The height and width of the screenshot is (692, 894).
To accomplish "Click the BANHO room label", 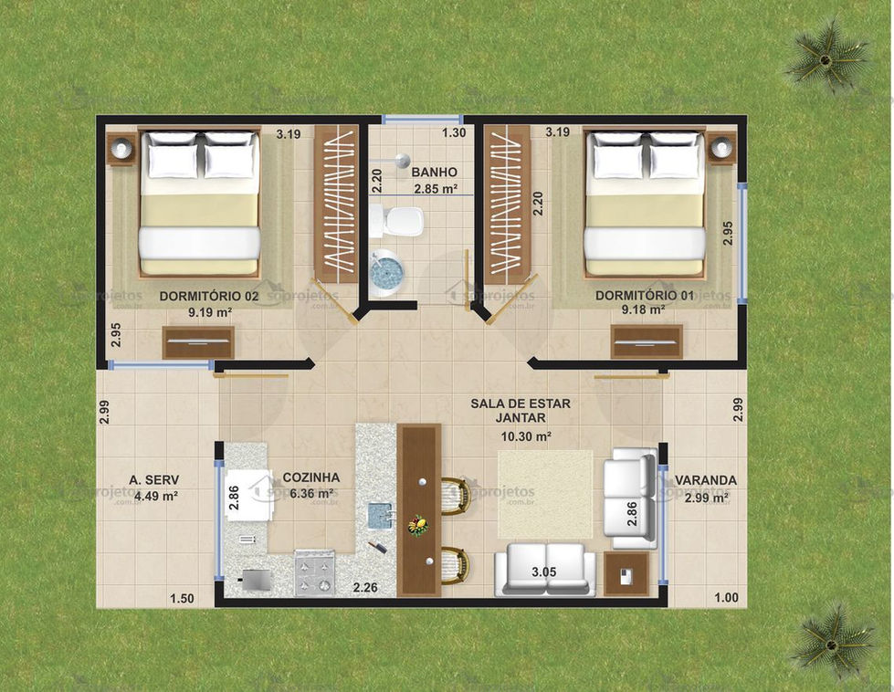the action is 434,173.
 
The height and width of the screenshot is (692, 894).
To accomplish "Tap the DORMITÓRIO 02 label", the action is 209,297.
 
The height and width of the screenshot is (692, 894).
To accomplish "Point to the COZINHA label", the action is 311,477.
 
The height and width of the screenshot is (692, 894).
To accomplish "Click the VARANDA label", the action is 706,480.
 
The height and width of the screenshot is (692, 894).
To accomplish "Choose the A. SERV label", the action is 154,480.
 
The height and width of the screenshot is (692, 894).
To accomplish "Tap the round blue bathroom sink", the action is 386,272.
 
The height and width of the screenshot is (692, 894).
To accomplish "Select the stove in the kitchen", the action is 314,573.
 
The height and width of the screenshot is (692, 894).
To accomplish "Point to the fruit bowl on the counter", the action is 418,525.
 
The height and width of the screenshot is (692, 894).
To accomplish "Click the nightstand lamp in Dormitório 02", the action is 121,148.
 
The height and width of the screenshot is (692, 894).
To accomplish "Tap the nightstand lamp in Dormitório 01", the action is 721,148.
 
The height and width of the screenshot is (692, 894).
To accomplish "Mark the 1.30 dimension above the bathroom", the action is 454,133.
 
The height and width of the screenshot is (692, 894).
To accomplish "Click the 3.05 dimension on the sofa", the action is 543,572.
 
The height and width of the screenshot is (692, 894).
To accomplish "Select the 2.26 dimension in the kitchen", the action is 365,587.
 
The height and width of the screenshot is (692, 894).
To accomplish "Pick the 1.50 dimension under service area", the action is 182,599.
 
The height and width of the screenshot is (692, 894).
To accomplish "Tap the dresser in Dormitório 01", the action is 647,342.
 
